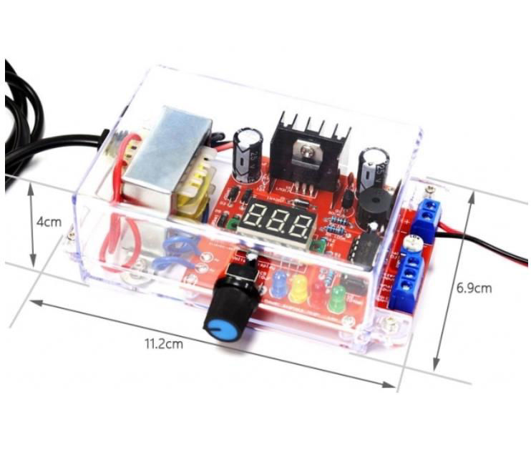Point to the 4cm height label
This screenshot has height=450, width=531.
coord(49,222)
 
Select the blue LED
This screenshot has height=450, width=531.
coord(278,281)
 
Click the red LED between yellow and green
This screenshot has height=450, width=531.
coord(316,291)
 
